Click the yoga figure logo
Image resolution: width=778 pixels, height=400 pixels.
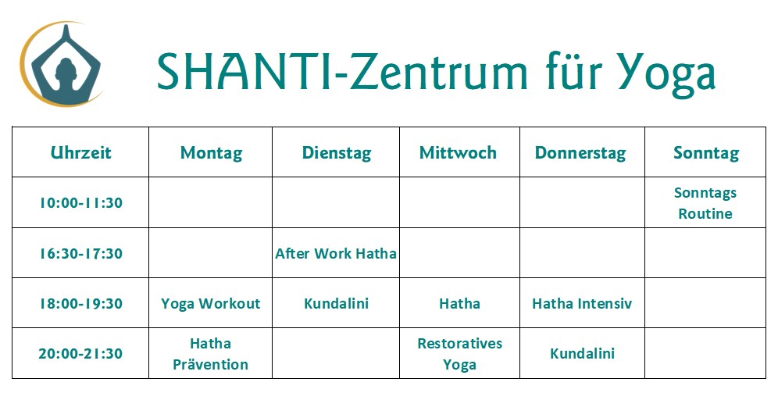[x=62, y=65]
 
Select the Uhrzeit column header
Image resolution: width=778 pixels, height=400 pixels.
[x=81, y=152]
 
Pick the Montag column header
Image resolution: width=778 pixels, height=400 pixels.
[x=212, y=153]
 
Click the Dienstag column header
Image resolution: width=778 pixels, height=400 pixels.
[x=337, y=153]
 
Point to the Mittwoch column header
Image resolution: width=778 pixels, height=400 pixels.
[x=458, y=152]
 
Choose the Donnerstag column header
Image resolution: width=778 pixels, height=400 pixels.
[x=580, y=153]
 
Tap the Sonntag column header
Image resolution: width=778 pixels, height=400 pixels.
[x=706, y=153]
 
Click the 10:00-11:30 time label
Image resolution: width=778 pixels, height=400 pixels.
[x=81, y=203]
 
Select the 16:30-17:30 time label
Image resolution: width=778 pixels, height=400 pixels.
[x=81, y=254]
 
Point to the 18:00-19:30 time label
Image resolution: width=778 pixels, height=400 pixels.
[x=81, y=303]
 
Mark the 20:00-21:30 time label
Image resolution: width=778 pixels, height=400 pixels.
[x=81, y=353]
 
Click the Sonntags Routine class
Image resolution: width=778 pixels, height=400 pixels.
[x=705, y=203]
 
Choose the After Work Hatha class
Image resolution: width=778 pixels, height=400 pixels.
[x=336, y=254]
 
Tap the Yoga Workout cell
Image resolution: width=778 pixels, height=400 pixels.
[x=211, y=304]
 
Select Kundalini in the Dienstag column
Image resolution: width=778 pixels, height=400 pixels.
[x=337, y=303]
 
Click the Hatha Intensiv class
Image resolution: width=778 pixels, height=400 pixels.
[x=582, y=303]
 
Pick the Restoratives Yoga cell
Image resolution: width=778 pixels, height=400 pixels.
[x=459, y=354]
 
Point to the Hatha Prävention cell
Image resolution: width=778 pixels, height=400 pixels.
[x=210, y=354]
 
